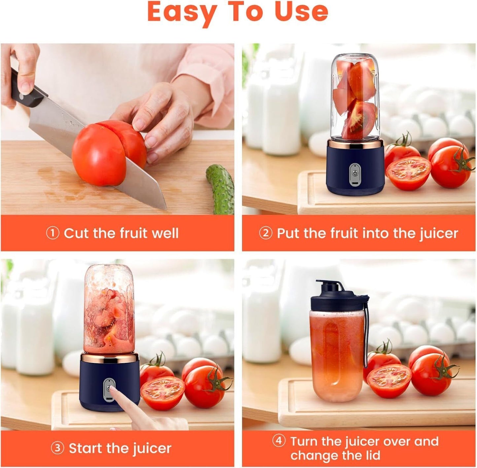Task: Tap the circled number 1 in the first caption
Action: point(52,233)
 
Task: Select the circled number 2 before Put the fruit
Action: point(265,233)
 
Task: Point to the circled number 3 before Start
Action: point(57,448)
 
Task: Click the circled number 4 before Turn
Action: point(279,441)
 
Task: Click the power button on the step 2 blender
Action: point(355,173)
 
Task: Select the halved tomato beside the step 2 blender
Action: point(408,172)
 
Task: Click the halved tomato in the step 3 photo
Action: point(163,392)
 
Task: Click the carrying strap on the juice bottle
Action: point(366,334)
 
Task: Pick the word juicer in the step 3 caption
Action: point(152,449)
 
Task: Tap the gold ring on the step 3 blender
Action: point(109,358)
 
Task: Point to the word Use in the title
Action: point(301,12)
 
